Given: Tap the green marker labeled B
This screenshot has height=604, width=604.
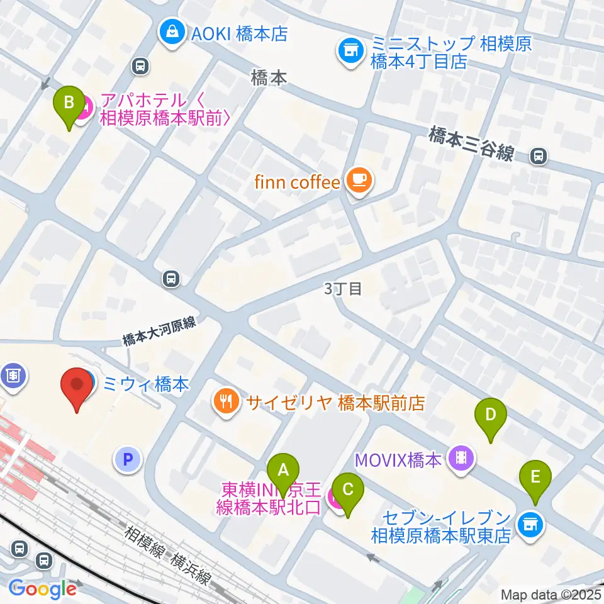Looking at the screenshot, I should tap(70, 101).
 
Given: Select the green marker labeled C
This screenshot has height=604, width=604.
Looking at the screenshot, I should tap(347, 488).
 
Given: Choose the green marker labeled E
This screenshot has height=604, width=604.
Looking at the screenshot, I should tap(535, 476).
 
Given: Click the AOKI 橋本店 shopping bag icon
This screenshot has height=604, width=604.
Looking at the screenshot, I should tap(171, 32).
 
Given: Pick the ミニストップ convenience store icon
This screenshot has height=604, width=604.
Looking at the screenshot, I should tap(350, 51).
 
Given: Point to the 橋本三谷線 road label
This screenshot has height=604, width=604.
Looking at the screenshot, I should tap(473, 144).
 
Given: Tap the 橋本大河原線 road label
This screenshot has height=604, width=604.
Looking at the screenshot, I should tap(160, 332).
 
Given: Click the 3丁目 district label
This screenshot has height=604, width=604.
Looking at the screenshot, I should tap(343, 289).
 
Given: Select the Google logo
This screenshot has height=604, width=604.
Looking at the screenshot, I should tap(43, 588).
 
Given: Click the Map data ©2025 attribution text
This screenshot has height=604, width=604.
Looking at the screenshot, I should tap(551, 594).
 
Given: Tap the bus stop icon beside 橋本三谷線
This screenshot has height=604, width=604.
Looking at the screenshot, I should tap(539, 156).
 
